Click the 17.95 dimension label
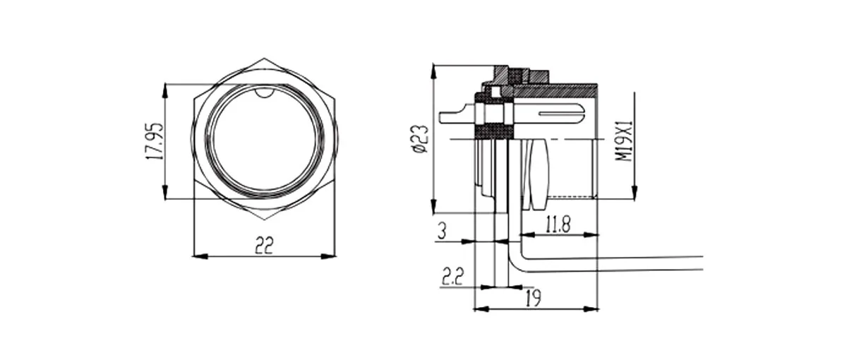coord(155,141)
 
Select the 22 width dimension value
coord(264,245)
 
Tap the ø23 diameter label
coord(421,139)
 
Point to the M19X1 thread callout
coord(624,141)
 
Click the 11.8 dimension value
coord(558,224)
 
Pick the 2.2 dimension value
coord(452,277)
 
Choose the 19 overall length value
coord(533,298)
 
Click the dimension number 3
coord(442,231)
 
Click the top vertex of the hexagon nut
coord(264,58)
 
